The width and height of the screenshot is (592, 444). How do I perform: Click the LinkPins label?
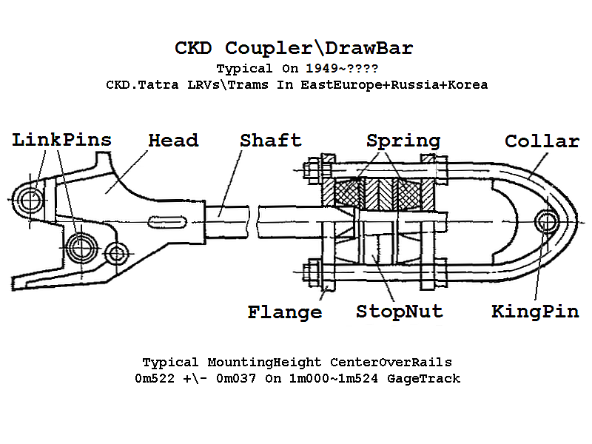62,140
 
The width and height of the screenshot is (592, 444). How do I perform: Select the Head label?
173,140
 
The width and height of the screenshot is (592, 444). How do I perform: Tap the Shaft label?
271,140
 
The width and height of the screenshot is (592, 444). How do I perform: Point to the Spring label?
403,141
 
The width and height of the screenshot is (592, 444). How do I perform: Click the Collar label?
542,141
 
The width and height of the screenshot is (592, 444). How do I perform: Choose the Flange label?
285,312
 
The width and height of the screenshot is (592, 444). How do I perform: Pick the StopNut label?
400,311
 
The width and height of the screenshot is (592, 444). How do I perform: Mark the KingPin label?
535,312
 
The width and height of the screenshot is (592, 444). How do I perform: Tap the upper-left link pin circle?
31,198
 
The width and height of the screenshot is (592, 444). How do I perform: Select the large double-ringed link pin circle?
79,244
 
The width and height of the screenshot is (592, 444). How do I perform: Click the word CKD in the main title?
195,49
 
